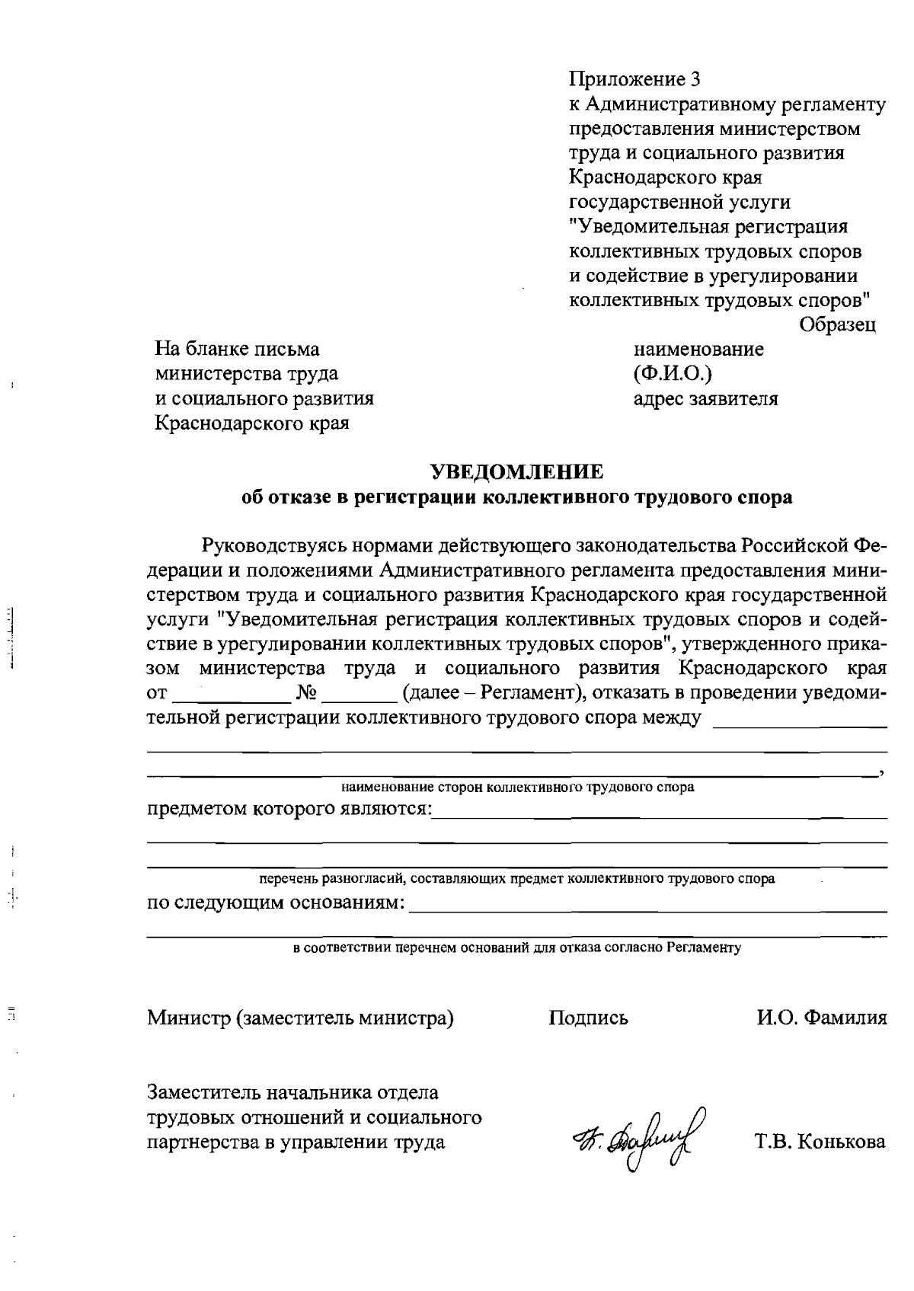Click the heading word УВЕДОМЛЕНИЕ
pyautogui.click(x=517, y=472)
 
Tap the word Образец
pyautogui.click(x=837, y=324)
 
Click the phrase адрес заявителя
pyautogui.click(x=705, y=398)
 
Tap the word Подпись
pyautogui.click(x=588, y=1018)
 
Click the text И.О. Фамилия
pyautogui.click(x=821, y=1018)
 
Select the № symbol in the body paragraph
pyautogui.click(x=305, y=693)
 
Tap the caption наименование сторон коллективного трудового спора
pyautogui.click(x=517, y=787)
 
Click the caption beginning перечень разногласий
pyautogui.click(x=517, y=878)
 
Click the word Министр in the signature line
pyautogui.click(x=188, y=1018)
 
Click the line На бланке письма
pyautogui.click(x=237, y=349)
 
